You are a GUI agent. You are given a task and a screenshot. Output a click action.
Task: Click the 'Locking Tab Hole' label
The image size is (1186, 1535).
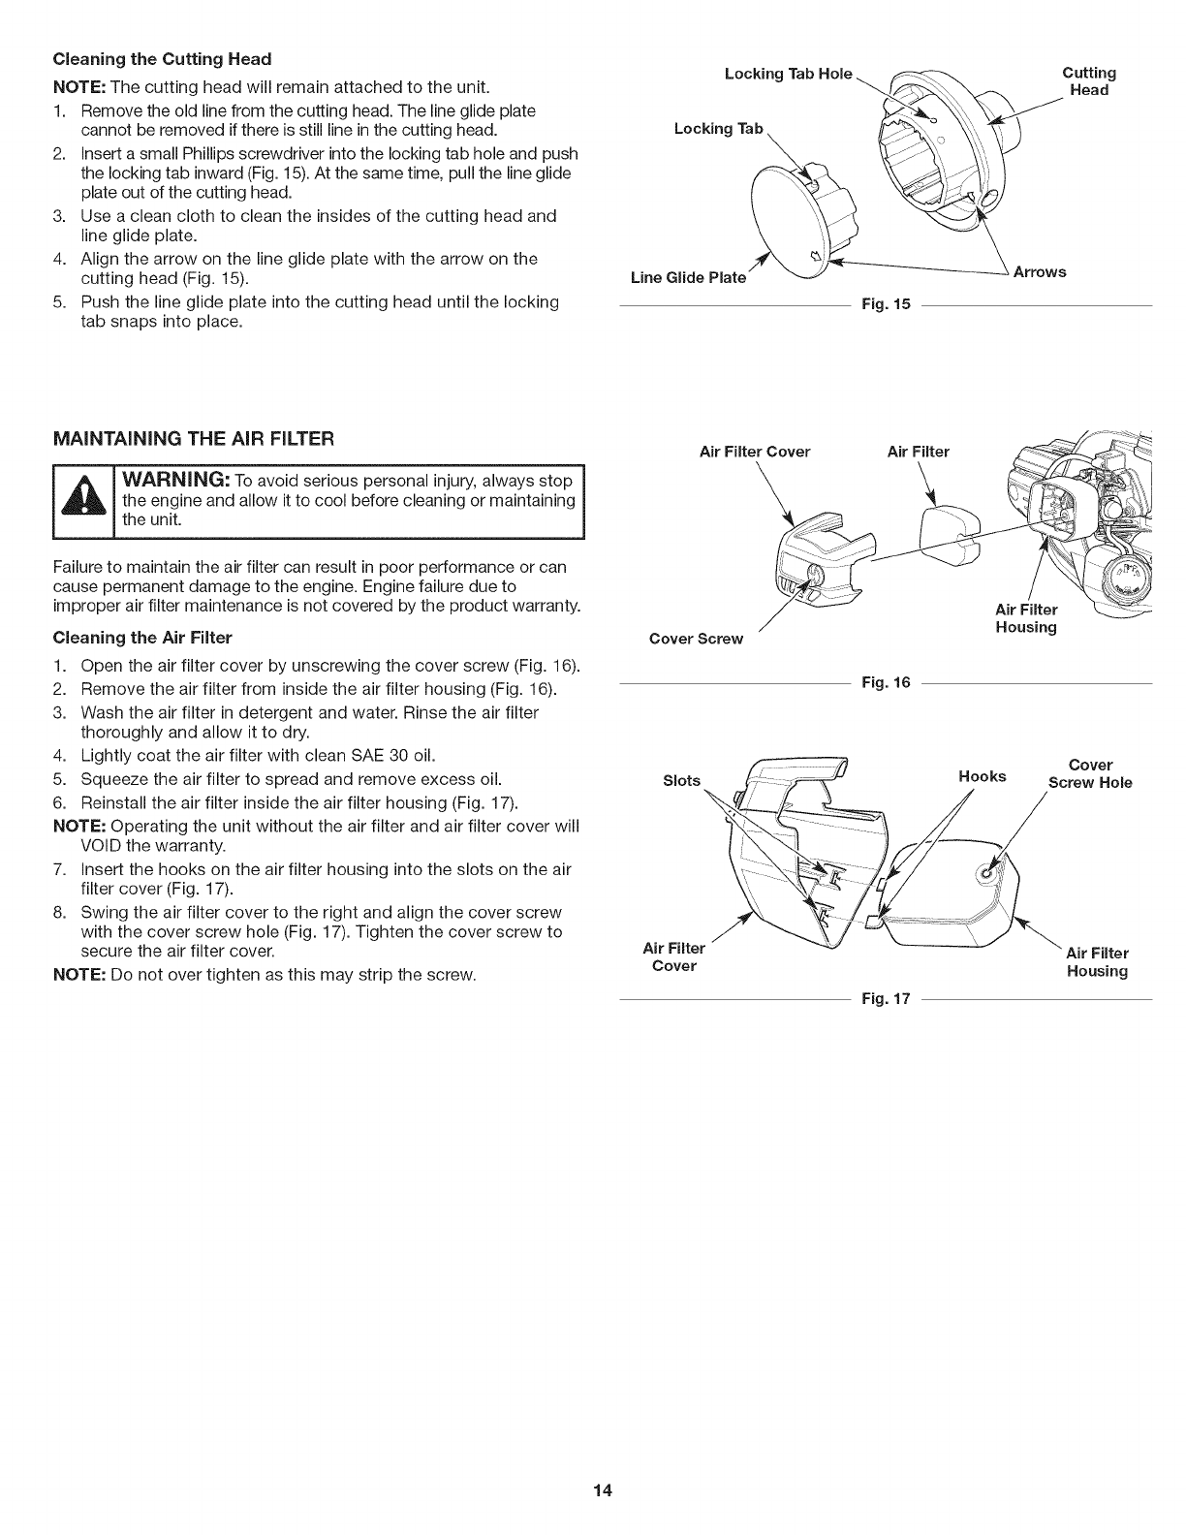[788, 74]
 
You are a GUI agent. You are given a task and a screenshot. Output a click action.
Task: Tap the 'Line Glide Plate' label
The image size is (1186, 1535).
[688, 278]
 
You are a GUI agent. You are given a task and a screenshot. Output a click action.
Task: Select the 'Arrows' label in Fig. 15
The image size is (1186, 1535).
[1039, 272]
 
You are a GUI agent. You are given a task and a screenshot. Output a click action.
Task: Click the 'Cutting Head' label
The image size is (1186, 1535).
[1089, 81]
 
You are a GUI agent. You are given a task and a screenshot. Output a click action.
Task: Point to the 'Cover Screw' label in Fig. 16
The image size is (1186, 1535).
[696, 639]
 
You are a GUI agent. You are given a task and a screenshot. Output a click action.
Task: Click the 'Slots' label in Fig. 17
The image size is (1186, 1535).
[681, 780]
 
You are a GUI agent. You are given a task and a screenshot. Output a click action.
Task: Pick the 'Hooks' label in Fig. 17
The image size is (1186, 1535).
[982, 776]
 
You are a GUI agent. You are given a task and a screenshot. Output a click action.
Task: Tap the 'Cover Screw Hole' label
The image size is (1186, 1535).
[1089, 773]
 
